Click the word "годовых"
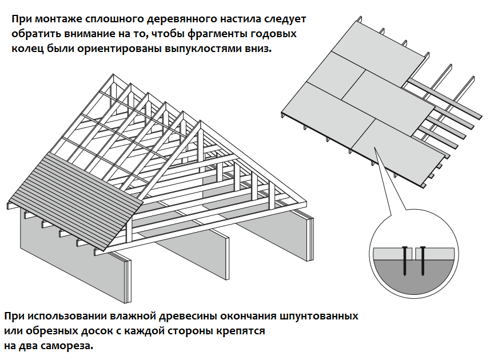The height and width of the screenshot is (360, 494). click(273, 34)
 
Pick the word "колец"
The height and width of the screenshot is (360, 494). click(26, 49)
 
